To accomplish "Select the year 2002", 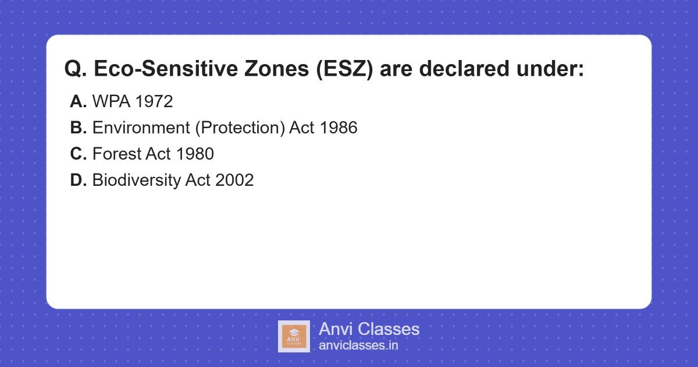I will [x=234, y=181].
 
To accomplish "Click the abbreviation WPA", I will [x=111, y=102].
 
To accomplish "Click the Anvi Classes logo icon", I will [x=294, y=336].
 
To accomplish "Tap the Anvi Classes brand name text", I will [x=369, y=329].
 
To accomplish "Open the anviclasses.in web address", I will [x=358, y=345].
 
